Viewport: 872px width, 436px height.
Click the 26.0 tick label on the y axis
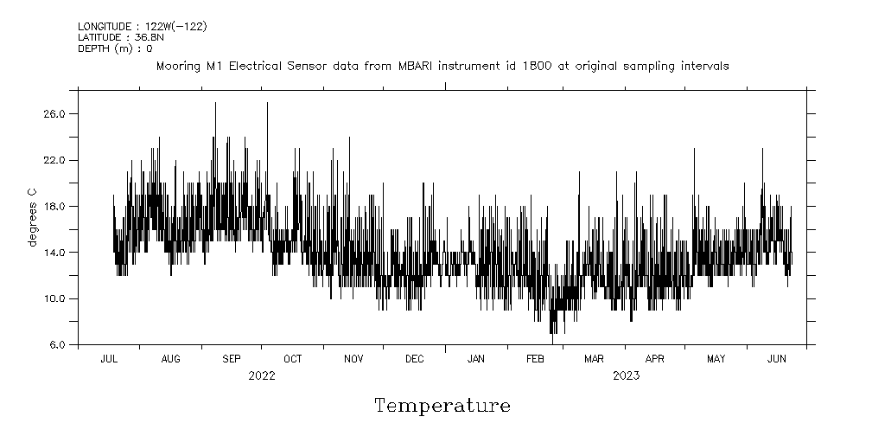tap(55, 114)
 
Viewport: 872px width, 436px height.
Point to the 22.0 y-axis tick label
tap(55, 160)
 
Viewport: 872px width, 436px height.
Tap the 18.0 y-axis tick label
tap(55, 206)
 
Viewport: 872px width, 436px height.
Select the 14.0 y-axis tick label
tap(55, 253)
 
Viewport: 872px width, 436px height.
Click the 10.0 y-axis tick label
tap(55, 298)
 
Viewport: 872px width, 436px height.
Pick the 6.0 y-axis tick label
tap(59, 344)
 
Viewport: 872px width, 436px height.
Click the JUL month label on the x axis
tap(110, 358)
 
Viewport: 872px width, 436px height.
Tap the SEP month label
tap(232, 358)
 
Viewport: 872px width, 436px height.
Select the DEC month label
tap(414, 358)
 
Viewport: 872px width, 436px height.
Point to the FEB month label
tap(535, 358)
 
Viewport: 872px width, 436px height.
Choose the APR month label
tap(655, 358)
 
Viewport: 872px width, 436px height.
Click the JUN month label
tap(777, 358)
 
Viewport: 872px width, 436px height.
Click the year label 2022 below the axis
tap(261, 375)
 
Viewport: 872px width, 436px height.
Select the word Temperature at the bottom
tap(442, 406)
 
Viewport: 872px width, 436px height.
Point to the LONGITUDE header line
tap(142, 27)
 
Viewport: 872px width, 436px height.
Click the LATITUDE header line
tap(120, 38)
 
